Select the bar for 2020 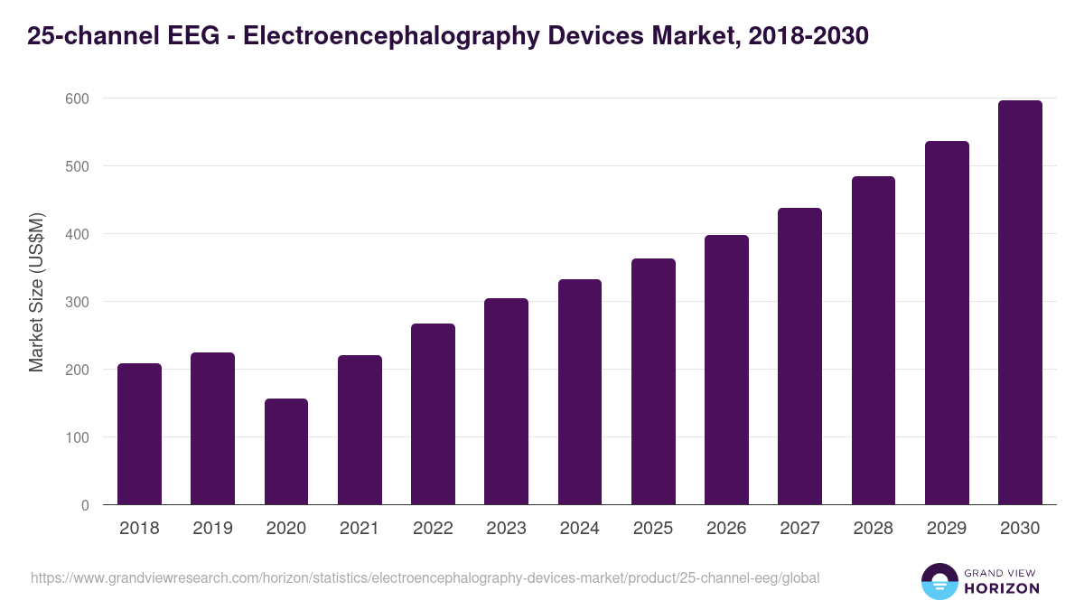(x=286, y=452)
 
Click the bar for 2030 (x=1020, y=303)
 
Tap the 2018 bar (x=139, y=435)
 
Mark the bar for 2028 (x=874, y=341)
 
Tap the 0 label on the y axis (x=85, y=505)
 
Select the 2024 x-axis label (x=579, y=529)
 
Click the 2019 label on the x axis (x=212, y=529)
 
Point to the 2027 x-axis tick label (x=799, y=529)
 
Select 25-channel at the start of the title (x=82, y=36)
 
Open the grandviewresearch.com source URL (x=425, y=577)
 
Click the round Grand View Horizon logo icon (x=939, y=581)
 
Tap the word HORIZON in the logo (x=1001, y=588)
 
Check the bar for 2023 (x=506, y=401)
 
